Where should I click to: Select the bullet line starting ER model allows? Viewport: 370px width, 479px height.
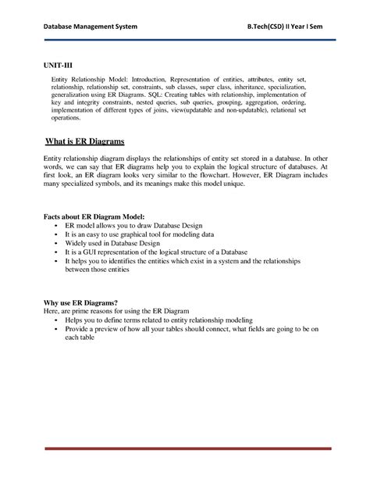(133, 225)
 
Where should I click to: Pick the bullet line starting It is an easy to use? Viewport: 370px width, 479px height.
(139, 234)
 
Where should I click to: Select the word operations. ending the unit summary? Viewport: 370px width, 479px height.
(66, 120)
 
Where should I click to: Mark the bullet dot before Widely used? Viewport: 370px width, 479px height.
(56, 243)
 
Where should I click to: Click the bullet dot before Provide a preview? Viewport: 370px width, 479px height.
(56, 330)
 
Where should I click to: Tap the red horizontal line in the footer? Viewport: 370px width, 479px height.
(185, 449)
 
